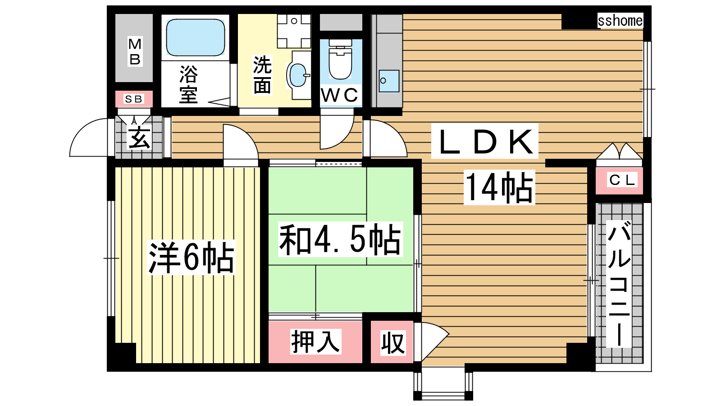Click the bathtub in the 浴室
196,37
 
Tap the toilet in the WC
340,59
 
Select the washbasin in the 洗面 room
298,75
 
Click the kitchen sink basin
389,81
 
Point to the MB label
135,51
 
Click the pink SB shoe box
134,99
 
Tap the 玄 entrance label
140,138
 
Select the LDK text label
485,141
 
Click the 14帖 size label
499,187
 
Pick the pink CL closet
619,180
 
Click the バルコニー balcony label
619,284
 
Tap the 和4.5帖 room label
341,239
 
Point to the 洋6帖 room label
191,257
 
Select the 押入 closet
315,341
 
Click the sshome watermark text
620,21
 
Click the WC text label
340,95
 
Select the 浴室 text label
189,84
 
